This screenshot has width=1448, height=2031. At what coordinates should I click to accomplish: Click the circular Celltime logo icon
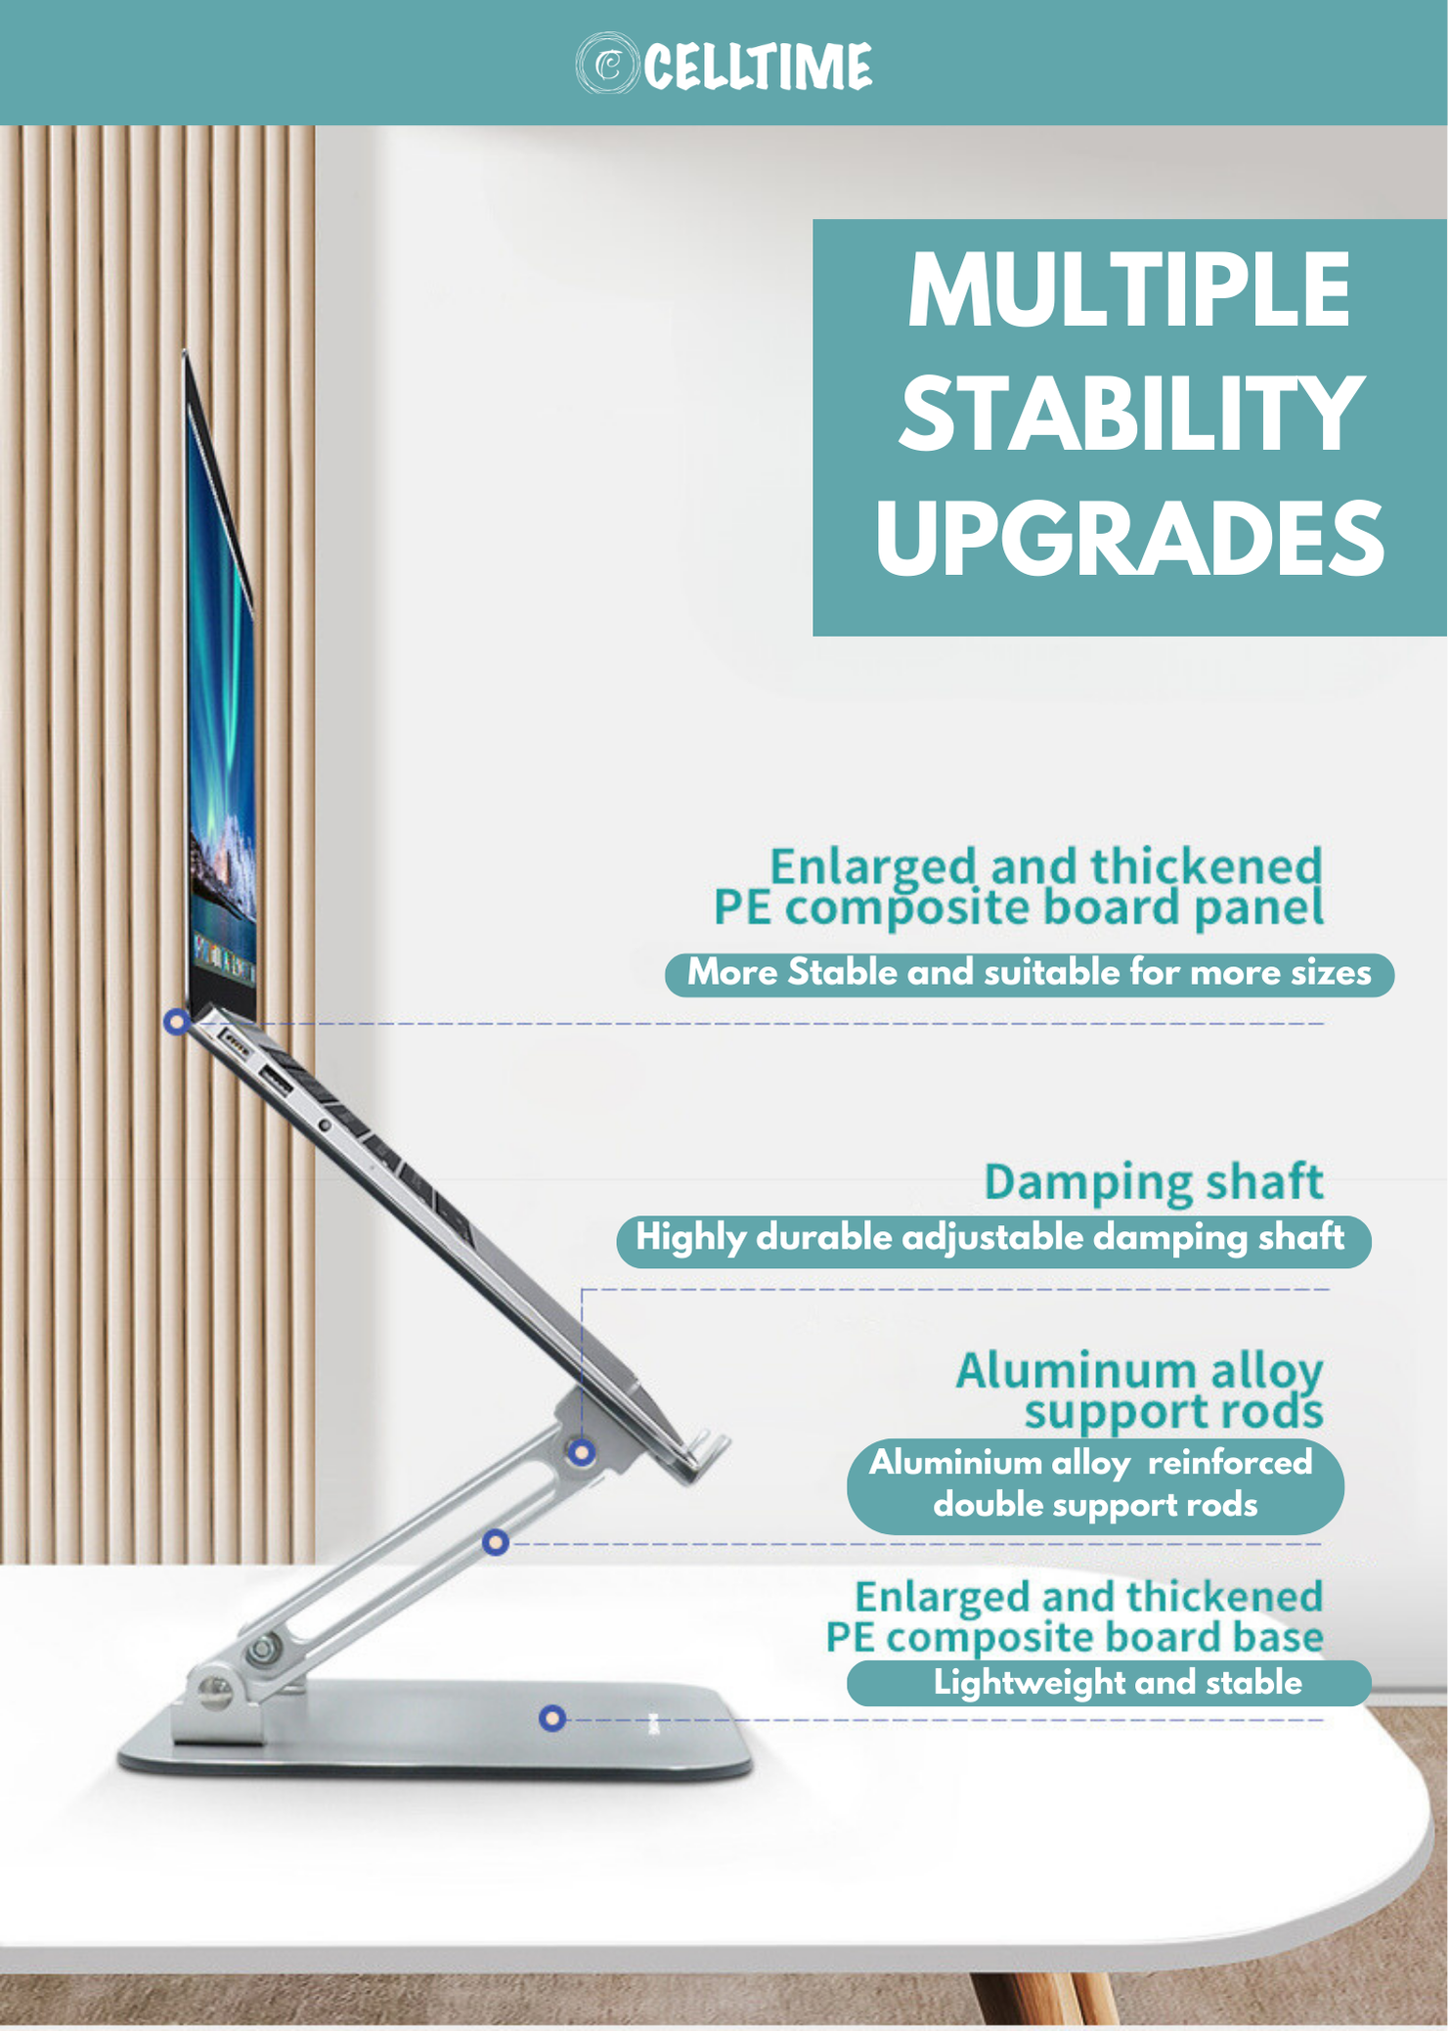pyautogui.click(x=606, y=64)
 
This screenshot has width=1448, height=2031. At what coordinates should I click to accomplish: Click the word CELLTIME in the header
pyautogui.click(x=758, y=66)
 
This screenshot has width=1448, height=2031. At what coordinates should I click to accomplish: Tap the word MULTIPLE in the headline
pyautogui.click(x=1129, y=289)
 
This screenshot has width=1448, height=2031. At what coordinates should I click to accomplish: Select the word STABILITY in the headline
pyautogui.click(x=1130, y=414)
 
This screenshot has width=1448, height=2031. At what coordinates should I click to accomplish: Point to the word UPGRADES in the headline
pyautogui.click(x=1129, y=538)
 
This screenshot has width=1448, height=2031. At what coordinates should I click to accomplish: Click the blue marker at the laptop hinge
pyautogui.click(x=177, y=1022)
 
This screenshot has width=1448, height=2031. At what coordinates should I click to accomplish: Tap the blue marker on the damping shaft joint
pyautogui.click(x=582, y=1452)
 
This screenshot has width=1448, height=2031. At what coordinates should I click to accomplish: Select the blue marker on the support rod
pyautogui.click(x=496, y=1542)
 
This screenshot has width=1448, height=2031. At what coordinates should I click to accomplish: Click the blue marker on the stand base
pyautogui.click(x=552, y=1717)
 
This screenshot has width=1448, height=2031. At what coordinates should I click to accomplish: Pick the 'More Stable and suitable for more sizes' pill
pyautogui.click(x=1030, y=974)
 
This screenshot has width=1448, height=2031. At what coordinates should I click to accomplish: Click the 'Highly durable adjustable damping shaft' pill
pyautogui.click(x=993, y=1240)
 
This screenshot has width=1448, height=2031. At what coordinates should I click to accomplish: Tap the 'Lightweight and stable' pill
pyautogui.click(x=1109, y=1683)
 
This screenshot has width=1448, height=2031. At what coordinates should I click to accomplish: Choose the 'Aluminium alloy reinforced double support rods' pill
pyautogui.click(x=1095, y=1485)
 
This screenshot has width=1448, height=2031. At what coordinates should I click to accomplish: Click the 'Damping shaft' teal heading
pyautogui.click(x=1154, y=1182)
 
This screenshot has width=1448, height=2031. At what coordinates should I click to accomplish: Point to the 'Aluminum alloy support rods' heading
pyautogui.click(x=1140, y=1390)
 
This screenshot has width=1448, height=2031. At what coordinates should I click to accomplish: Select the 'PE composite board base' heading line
pyautogui.click(x=1075, y=1638)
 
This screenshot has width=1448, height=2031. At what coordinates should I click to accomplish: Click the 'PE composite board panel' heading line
pyautogui.click(x=1019, y=908)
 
